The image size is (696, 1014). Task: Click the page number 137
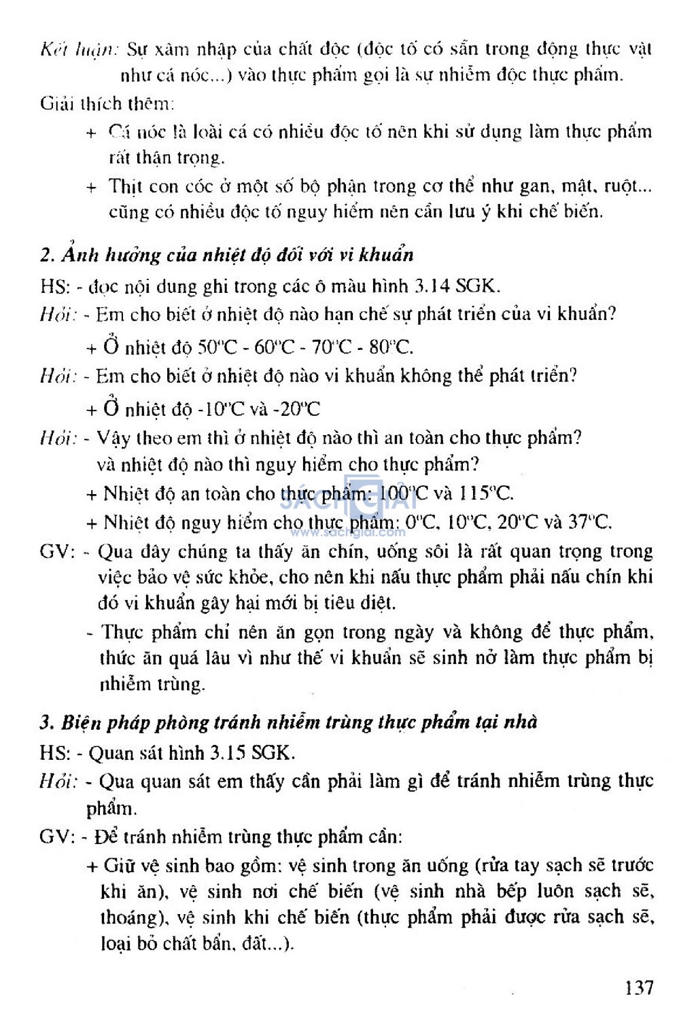click(639, 987)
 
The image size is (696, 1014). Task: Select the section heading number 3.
click(46, 722)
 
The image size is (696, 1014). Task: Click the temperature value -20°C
click(300, 409)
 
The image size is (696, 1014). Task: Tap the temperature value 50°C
click(217, 347)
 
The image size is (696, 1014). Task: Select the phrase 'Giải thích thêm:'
click(107, 103)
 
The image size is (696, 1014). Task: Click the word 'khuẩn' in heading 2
click(387, 256)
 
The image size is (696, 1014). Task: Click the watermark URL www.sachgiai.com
click(348, 532)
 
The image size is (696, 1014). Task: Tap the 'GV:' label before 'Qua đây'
click(57, 551)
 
